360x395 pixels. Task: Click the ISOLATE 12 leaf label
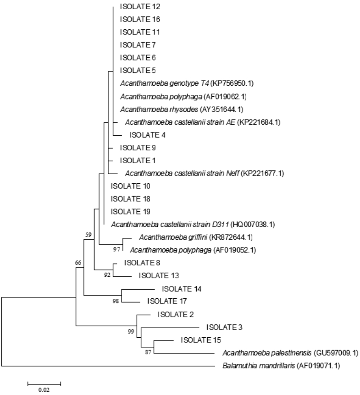pyautogui.click(x=138, y=7)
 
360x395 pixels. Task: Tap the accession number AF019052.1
pyautogui.click(x=231, y=250)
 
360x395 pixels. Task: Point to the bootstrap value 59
pyautogui.click(x=89, y=235)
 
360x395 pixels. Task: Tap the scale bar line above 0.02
pyautogui.click(x=44, y=382)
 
